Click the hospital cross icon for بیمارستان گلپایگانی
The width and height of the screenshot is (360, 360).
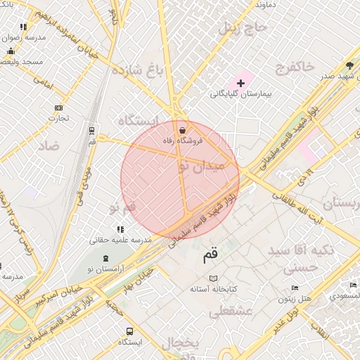tap(240, 83)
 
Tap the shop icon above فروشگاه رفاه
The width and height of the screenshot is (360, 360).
tap(182, 130)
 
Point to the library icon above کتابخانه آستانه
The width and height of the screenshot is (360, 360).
tap(214, 278)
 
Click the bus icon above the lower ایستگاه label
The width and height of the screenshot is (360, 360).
tap(130, 331)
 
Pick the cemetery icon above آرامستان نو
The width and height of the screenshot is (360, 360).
tap(105, 258)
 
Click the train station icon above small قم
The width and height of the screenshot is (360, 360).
tap(91, 130)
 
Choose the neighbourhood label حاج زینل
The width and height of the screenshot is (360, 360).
tap(243, 29)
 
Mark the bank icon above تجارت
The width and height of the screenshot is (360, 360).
tap(58, 108)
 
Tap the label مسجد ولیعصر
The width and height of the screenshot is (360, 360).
tap(21, 62)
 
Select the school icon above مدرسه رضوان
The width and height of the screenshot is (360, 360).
tap(23, 27)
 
